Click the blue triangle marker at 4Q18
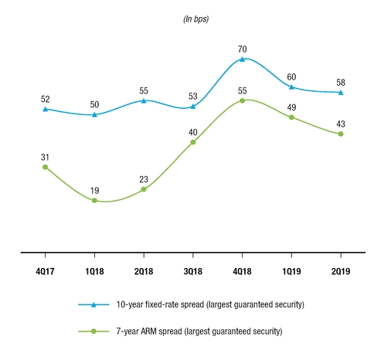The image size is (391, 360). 242,59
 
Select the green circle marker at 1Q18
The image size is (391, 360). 94,201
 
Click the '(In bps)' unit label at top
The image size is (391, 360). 192,19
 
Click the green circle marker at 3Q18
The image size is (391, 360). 192,142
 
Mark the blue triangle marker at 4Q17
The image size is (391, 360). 45,109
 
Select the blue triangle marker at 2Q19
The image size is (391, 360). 340,93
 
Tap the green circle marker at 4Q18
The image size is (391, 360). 242,100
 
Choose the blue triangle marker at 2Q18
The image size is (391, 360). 143,100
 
